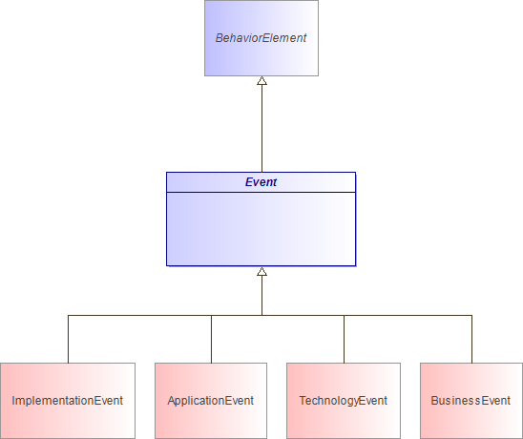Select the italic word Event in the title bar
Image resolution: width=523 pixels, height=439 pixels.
click(x=261, y=181)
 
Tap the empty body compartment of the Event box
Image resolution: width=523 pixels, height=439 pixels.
click(x=261, y=229)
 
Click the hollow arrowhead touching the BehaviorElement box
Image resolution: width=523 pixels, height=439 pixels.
click(x=261, y=82)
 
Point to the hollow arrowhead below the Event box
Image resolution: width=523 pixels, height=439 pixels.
click(x=261, y=272)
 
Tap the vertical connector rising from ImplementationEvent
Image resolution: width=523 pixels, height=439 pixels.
click(x=68, y=339)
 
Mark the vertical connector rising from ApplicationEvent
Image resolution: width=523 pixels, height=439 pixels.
click(x=211, y=339)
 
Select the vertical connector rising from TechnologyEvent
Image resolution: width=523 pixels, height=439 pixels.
click(x=344, y=339)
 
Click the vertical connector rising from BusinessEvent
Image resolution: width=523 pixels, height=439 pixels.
click(x=471, y=339)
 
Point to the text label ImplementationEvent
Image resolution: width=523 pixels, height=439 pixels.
click(x=68, y=401)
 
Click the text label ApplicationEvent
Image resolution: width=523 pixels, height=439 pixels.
click(x=211, y=401)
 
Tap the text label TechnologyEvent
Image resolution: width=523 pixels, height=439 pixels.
click(x=344, y=401)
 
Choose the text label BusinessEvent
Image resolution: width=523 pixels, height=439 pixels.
click(x=471, y=401)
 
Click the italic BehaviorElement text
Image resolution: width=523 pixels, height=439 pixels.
click(x=261, y=39)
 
